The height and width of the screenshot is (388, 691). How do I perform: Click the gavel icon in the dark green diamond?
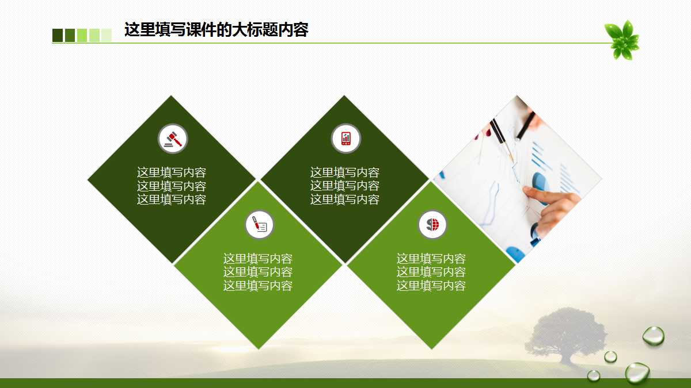[x=173, y=139]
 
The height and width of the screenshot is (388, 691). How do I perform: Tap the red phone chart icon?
[x=345, y=139]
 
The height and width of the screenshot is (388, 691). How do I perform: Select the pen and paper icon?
[x=259, y=225]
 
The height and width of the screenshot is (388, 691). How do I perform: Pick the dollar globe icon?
[x=432, y=225]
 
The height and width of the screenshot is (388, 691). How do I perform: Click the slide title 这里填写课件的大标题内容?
[x=217, y=30]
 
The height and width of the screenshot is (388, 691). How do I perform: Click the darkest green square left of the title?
[x=58, y=35]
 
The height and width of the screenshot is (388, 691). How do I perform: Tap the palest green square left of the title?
[x=107, y=35]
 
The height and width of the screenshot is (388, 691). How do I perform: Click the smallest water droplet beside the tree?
[x=610, y=356]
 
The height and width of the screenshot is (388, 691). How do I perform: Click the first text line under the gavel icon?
[x=172, y=172]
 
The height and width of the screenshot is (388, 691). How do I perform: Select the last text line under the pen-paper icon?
[x=258, y=286]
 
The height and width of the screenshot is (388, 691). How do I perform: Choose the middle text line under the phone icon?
[x=345, y=186]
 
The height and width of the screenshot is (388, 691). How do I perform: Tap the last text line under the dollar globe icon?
[x=431, y=286]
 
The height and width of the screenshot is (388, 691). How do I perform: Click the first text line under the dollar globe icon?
[x=431, y=259]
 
